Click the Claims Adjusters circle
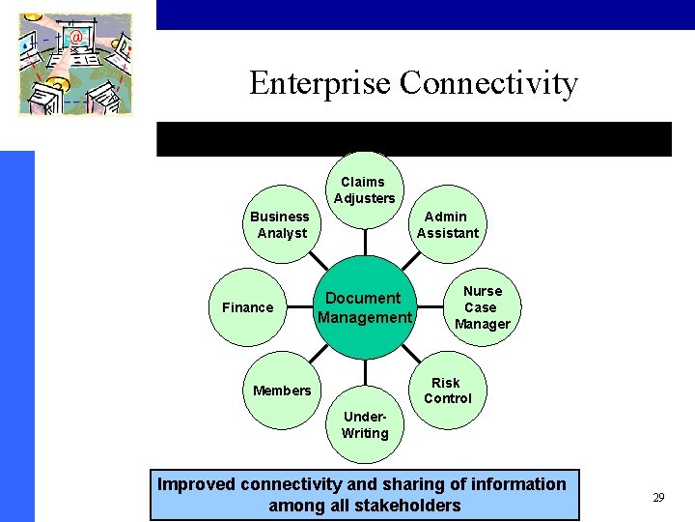pos(364,189)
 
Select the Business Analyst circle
pos(280,224)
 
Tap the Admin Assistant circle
pos(447,224)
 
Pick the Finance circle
pos(248,307)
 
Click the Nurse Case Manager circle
pos(482,307)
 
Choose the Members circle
pos(281,391)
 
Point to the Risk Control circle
pos(447,391)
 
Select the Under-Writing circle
pos(364,425)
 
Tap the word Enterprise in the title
pos(320,83)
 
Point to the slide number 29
pos(658,498)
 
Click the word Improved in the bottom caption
pos(197,484)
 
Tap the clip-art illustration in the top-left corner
pos(75,64)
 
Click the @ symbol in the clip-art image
pos(75,38)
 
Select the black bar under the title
pos(413,139)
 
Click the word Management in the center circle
pos(364,318)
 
